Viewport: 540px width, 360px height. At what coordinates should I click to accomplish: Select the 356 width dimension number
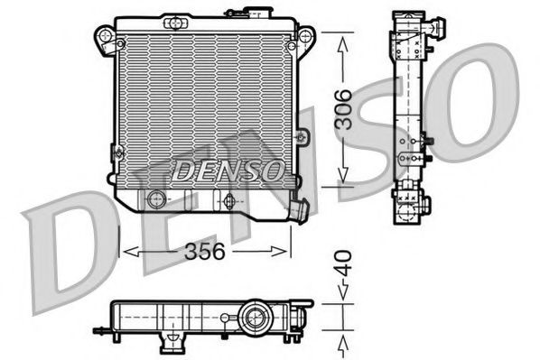tap(205, 254)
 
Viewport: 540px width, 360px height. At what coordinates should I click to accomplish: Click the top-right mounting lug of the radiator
tap(305, 37)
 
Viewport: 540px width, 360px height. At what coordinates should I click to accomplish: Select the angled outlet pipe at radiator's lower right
tap(297, 211)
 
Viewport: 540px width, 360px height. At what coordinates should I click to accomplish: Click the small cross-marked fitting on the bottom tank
tap(228, 199)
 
